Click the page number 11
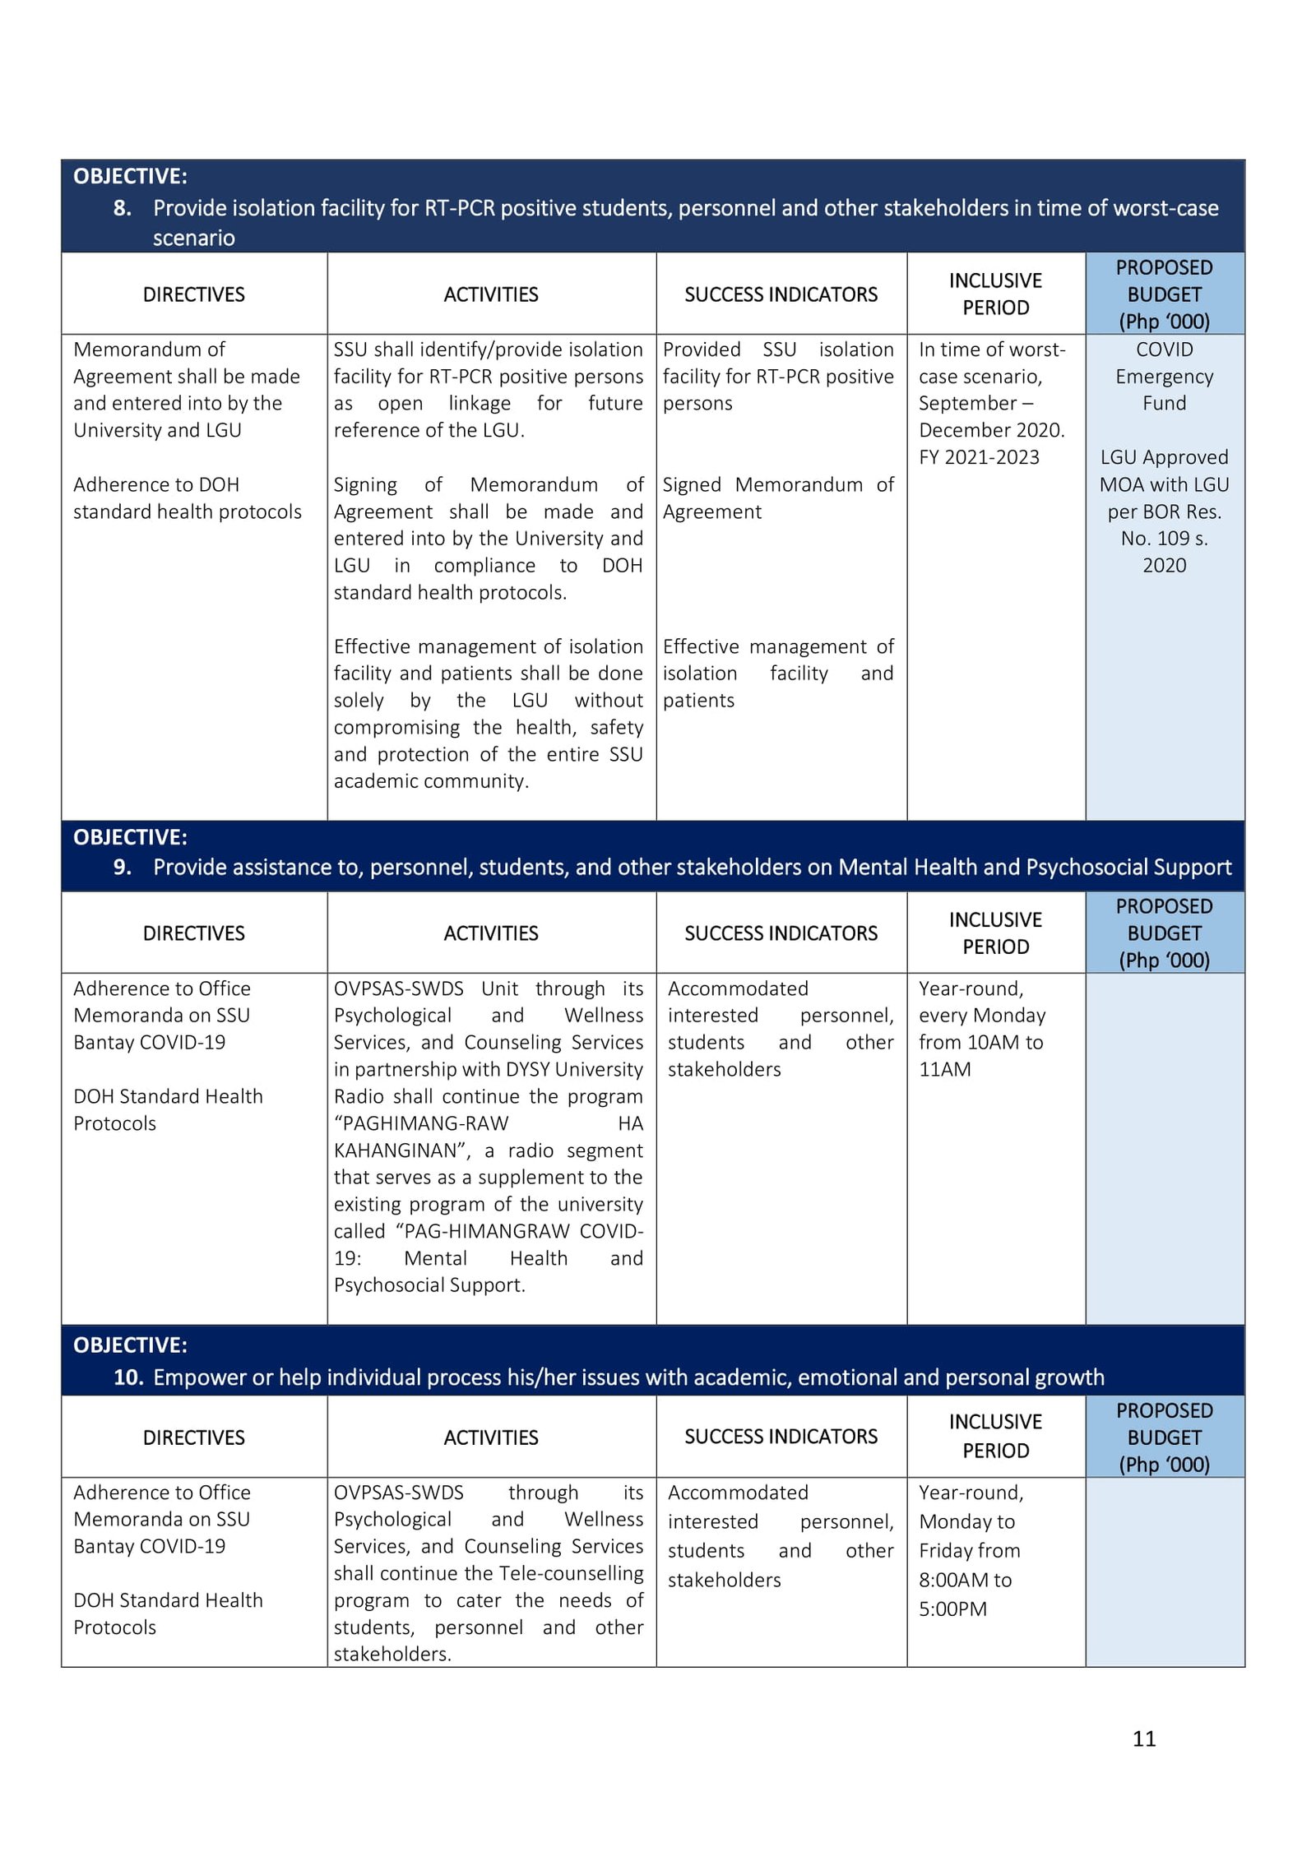click(x=1143, y=1738)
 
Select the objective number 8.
click(x=122, y=208)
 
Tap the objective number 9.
click(x=122, y=867)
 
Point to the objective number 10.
click(x=127, y=1377)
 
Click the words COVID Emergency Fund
click(x=1164, y=376)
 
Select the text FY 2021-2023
click(x=979, y=457)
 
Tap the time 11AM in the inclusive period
click(x=944, y=1069)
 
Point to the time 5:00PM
click(x=952, y=1609)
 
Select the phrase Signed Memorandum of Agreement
click(x=777, y=498)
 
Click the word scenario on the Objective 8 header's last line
click(x=193, y=238)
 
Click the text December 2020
click(x=991, y=430)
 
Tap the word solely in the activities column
click(x=359, y=701)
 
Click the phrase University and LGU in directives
click(x=157, y=430)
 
